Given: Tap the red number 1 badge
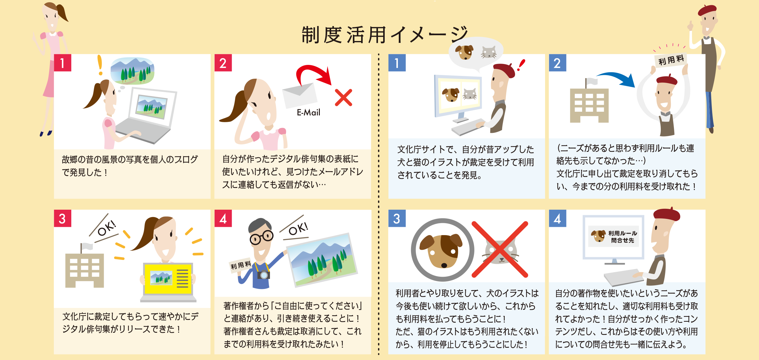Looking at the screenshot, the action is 62,63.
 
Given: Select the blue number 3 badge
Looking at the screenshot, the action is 397,218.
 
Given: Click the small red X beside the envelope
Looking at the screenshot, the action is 343,98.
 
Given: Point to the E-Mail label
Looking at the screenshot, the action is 308,112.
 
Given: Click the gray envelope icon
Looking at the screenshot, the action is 300,95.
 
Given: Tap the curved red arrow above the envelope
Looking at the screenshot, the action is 312,73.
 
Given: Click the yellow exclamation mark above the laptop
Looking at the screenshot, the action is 100,65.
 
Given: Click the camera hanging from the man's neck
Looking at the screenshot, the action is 263,275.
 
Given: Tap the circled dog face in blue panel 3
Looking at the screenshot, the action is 442,249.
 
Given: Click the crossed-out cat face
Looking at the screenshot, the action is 500,249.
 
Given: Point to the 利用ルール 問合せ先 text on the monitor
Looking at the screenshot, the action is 623,237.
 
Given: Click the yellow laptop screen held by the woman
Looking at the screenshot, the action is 168,278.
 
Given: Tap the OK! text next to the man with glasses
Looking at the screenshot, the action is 298,228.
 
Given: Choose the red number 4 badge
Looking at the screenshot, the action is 223,218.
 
